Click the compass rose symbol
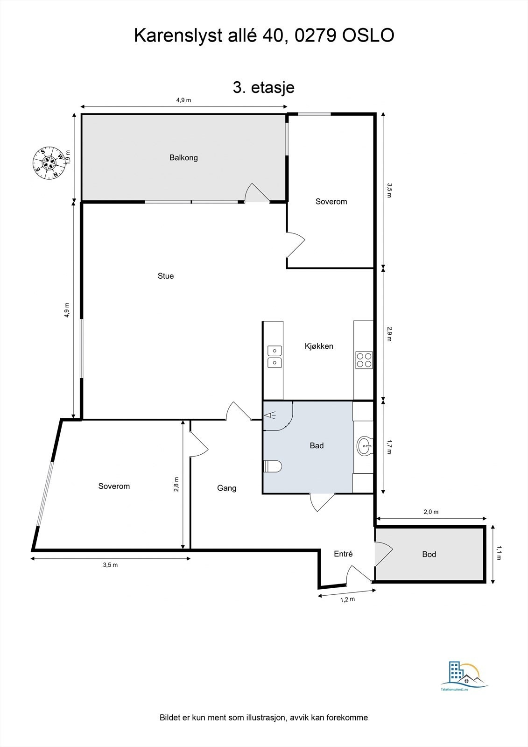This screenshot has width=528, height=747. [48, 162]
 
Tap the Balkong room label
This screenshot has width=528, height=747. [183, 158]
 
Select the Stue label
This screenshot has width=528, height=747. [166, 276]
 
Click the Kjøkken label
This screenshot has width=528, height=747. [319, 346]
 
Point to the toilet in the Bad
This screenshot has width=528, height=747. [273, 466]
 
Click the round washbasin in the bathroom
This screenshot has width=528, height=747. [365, 446]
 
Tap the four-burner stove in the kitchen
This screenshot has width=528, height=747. [364, 359]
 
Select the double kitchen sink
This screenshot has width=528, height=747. [275, 356]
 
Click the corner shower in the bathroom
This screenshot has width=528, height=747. [277, 416]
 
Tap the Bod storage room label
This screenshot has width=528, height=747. [429, 554]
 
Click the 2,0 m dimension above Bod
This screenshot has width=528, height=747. [431, 512]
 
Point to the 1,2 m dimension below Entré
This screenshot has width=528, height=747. [347, 599]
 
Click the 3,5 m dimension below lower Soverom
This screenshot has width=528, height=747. [110, 565]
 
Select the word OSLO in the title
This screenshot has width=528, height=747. [368, 35]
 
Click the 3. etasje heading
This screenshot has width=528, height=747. [264, 87]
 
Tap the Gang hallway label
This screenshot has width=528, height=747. [227, 488]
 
